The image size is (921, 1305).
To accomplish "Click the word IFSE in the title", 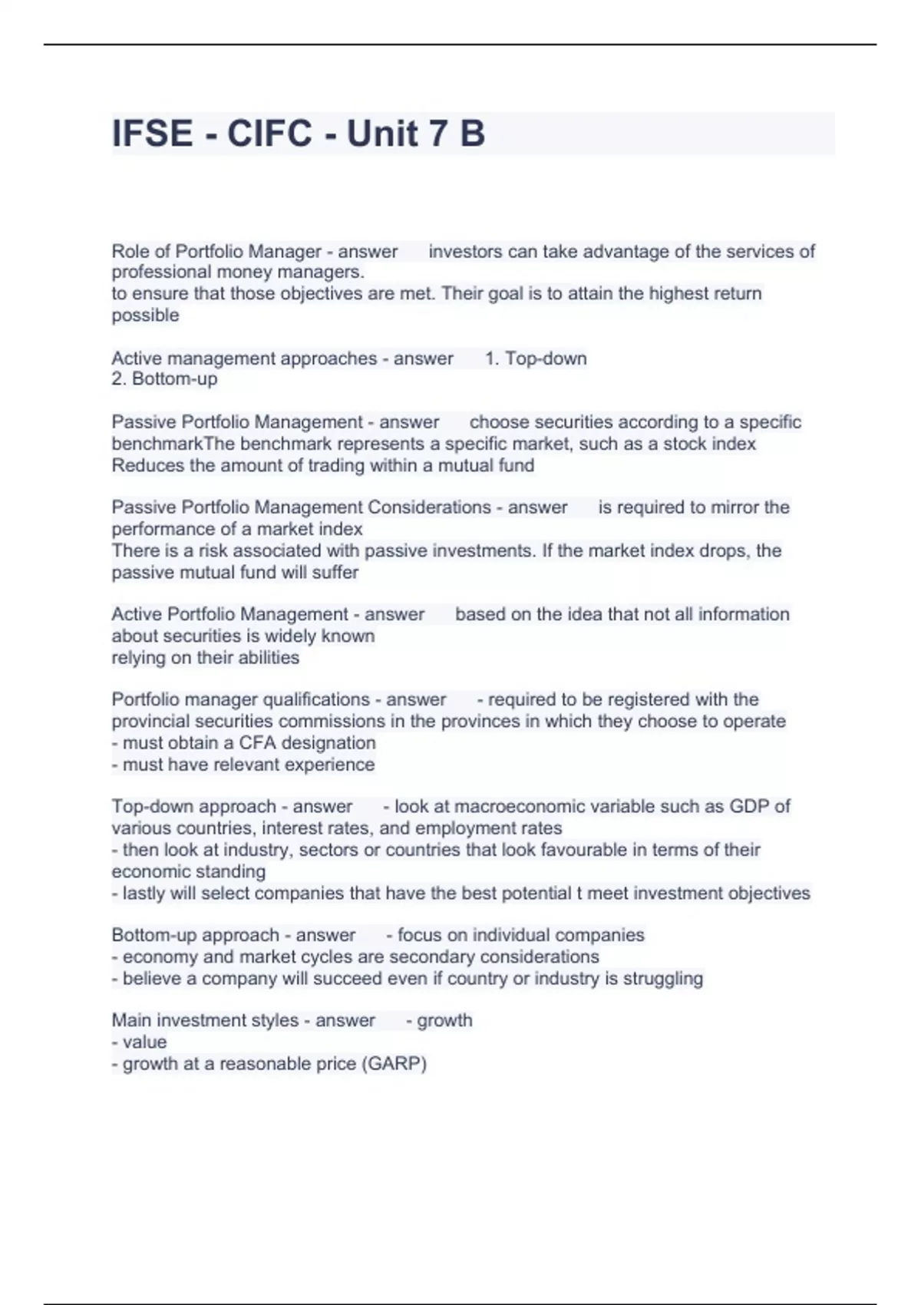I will point(152,134).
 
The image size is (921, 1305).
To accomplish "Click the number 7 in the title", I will point(435,134).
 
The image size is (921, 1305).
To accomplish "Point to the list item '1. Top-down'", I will point(536,358).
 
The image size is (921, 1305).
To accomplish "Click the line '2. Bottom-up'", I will point(164,379).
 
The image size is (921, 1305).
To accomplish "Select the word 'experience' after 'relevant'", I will point(338,765).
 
